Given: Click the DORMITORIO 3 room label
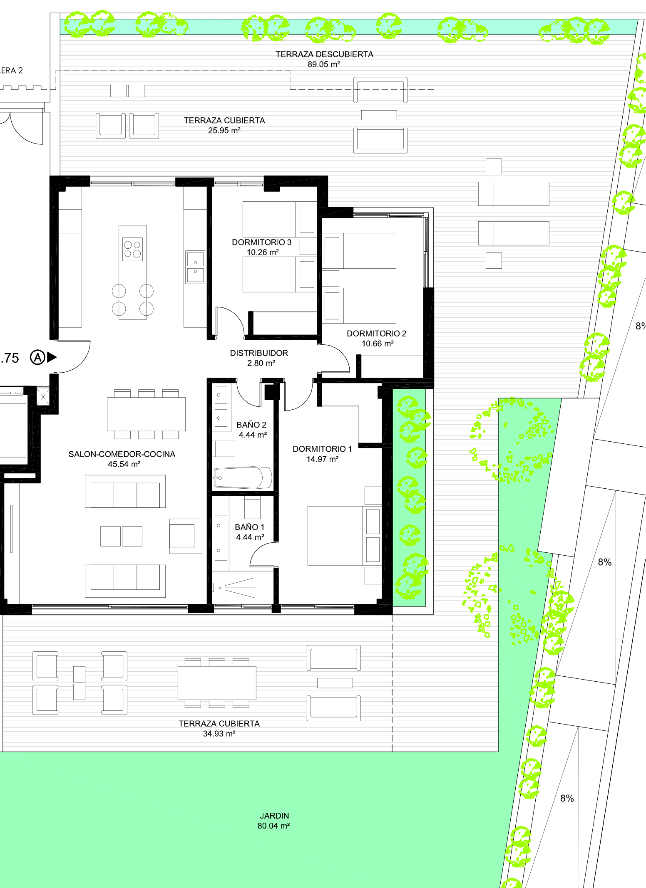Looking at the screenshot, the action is click(x=261, y=242).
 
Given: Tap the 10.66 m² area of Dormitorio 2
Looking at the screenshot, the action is click(x=377, y=344).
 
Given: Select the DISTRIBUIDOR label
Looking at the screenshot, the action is click(x=259, y=353).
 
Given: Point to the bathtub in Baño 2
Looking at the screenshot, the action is click(x=243, y=477).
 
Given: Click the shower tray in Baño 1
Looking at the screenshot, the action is click(x=243, y=587).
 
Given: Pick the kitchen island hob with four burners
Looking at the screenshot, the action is click(x=132, y=249).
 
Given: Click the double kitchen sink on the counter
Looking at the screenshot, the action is click(x=195, y=267).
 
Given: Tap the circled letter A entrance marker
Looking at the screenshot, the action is click(x=37, y=357).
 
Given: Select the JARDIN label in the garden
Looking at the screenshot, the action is click(x=274, y=816).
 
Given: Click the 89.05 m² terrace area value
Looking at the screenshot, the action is click(x=323, y=64).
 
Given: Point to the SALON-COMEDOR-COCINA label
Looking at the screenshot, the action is click(x=122, y=454).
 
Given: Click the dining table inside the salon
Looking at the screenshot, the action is click(x=146, y=414).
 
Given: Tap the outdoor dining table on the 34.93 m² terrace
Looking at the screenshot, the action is click(x=217, y=683).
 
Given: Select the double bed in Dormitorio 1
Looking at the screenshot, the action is click(x=344, y=536).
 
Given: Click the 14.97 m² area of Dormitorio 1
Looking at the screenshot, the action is click(x=322, y=459).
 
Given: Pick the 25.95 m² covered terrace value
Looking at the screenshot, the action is click(x=224, y=131).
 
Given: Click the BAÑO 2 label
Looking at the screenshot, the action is click(x=251, y=425).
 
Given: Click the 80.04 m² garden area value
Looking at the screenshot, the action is click(x=273, y=826).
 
